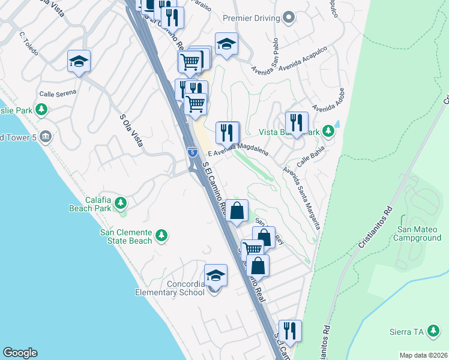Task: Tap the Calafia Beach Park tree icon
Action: [121, 203]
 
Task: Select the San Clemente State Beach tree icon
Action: [161, 235]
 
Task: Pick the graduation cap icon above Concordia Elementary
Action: [215, 275]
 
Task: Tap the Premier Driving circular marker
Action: [289, 18]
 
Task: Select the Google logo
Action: [20, 353]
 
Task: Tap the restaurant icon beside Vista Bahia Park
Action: [297, 122]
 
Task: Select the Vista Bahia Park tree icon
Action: [328, 130]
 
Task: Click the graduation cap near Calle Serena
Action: [79, 61]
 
